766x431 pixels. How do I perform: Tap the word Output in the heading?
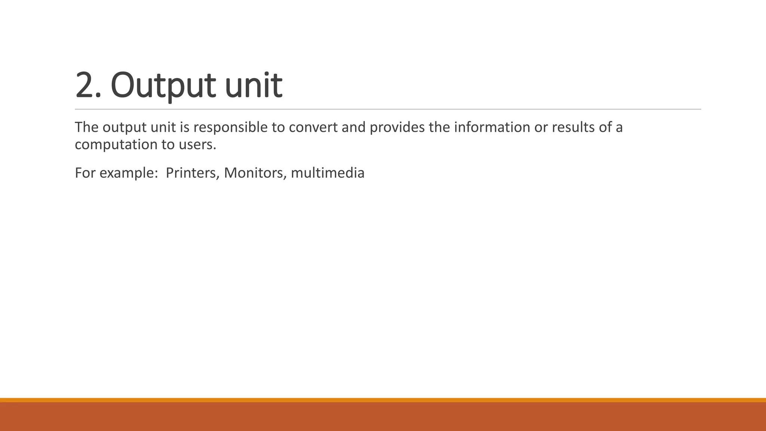point(163,86)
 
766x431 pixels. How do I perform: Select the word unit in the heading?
point(254,86)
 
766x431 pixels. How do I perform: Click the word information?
point(492,128)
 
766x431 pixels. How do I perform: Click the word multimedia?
point(327,173)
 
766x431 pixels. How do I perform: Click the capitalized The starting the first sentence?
point(86,128)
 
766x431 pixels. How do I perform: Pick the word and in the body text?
point(353,128)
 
